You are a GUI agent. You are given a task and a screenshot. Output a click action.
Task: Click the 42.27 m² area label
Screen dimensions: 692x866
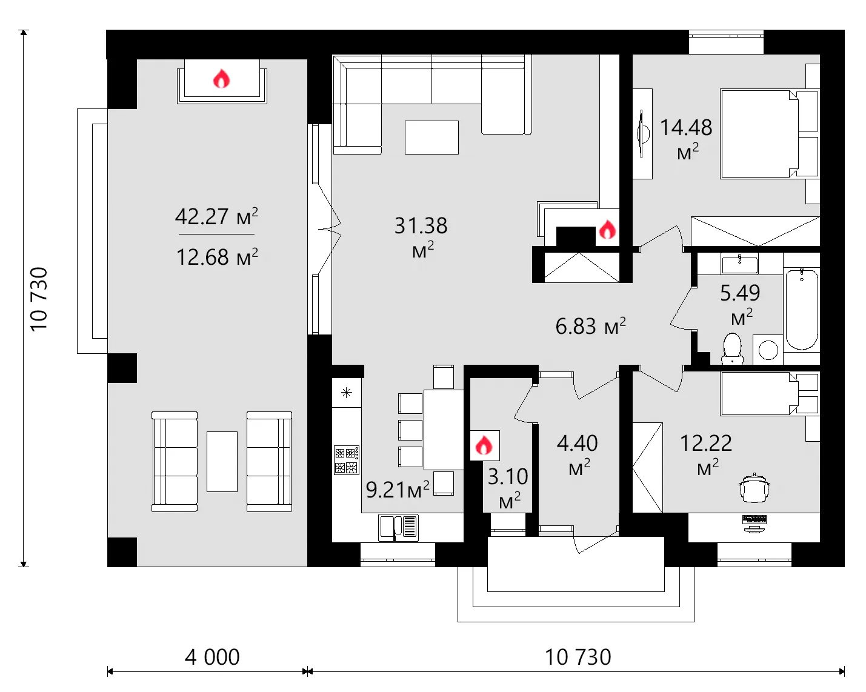pos(216,216)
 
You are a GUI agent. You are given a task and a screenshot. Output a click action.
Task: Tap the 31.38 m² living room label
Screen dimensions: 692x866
pos(421,235)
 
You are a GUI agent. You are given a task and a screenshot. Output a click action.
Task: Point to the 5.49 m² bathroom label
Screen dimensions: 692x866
pos(740,303)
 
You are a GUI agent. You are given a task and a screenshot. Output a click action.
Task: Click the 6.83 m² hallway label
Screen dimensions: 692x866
pos(590,326)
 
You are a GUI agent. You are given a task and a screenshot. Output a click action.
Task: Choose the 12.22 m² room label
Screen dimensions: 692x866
pos(706,453)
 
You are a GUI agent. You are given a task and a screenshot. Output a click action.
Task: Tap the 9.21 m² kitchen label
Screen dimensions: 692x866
pos(398,489)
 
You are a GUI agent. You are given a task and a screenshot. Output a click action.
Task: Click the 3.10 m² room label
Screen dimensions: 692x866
pos(508,486)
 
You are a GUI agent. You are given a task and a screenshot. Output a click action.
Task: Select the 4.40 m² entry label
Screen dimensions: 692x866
pos(578,453)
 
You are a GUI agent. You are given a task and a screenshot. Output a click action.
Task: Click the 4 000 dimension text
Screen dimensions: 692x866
pos(212,657)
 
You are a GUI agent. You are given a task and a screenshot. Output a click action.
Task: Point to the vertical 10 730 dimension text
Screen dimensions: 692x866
pos(39,299)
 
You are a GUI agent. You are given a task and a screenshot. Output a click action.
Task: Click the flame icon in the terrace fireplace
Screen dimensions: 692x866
pos(221,79)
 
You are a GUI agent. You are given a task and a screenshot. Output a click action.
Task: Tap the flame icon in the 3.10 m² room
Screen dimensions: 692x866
pos(484,446)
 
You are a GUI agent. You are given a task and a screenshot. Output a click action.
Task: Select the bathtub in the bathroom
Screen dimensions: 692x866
pos(801,310)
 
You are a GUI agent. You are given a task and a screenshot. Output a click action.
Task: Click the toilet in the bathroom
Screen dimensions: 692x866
pos(732,349)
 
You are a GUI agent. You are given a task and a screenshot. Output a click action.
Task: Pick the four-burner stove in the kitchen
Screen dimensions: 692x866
pos(347,460)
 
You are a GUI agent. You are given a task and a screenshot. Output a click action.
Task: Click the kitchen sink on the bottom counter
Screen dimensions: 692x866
pos(398,527)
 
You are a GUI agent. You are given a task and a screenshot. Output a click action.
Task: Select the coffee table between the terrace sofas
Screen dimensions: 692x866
pos(222,461)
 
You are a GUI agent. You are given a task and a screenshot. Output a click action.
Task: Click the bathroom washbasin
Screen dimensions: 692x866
pos(739,264)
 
